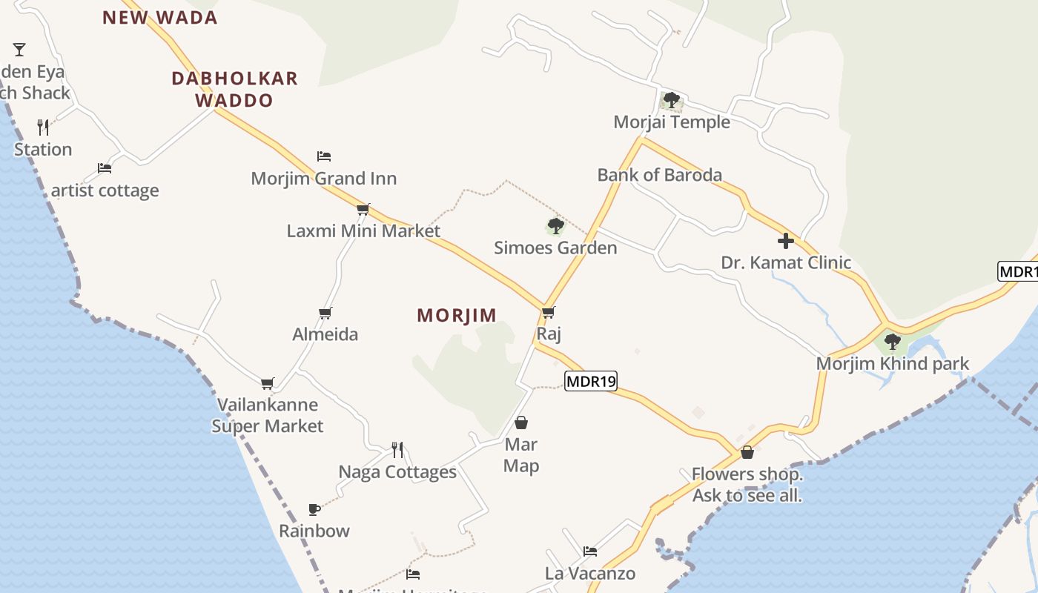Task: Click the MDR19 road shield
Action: pyautogui.click(x=591, y=382)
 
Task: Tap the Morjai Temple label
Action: pyautogui.click(x=672, y=122)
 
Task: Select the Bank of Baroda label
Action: pyautogui.click(x=659, y=176)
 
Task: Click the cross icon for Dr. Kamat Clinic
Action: pyautogui.click(x=786, y=241)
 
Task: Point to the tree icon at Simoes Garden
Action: pyautogui.click(x=555, y=226)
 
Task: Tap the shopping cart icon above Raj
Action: pyautogui.click(x=549, y=312)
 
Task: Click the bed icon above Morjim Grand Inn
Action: pyautogui.click(x=324, y=156)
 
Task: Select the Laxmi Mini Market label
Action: pyautogui.click(x=363, y=231)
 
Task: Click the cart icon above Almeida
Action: pyautogui.click(x=325, y=313)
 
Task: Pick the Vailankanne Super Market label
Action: pyautogui.click(x=268, y=415)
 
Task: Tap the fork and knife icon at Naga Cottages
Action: pyautogui.click(x=397, y=449)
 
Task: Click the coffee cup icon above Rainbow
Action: pyautogui.click(x=314, y=509)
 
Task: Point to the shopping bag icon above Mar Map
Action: pyautogui.click(x=521, y=423)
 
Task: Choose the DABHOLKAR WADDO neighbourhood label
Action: pyautogui.click(x=234, y=89)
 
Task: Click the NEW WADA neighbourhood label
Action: pyautogui.click(x=160, y=18)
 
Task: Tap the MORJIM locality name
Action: pyautogui.click(x=457, y=316)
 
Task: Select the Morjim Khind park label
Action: pyautogui.click(x=893, y=364)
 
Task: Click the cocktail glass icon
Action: pyautogui.click(x=19, y=50)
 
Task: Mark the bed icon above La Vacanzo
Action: pyautogui.click(x=590, y=551)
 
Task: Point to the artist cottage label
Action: pyautogui.click(x=105, y=191)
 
